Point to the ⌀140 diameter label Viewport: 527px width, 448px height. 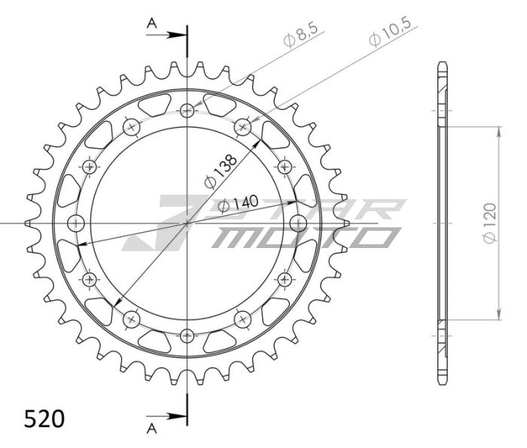click(239, 203)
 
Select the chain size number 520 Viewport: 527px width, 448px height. click(44, 418)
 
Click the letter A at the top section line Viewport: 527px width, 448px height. click(151, 25)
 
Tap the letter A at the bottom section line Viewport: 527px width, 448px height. click(151, 428)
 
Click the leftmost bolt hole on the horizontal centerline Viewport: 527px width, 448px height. click(77, 222)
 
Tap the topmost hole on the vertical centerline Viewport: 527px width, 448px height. click(187, 111)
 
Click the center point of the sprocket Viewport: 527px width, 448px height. click(187, 223)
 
